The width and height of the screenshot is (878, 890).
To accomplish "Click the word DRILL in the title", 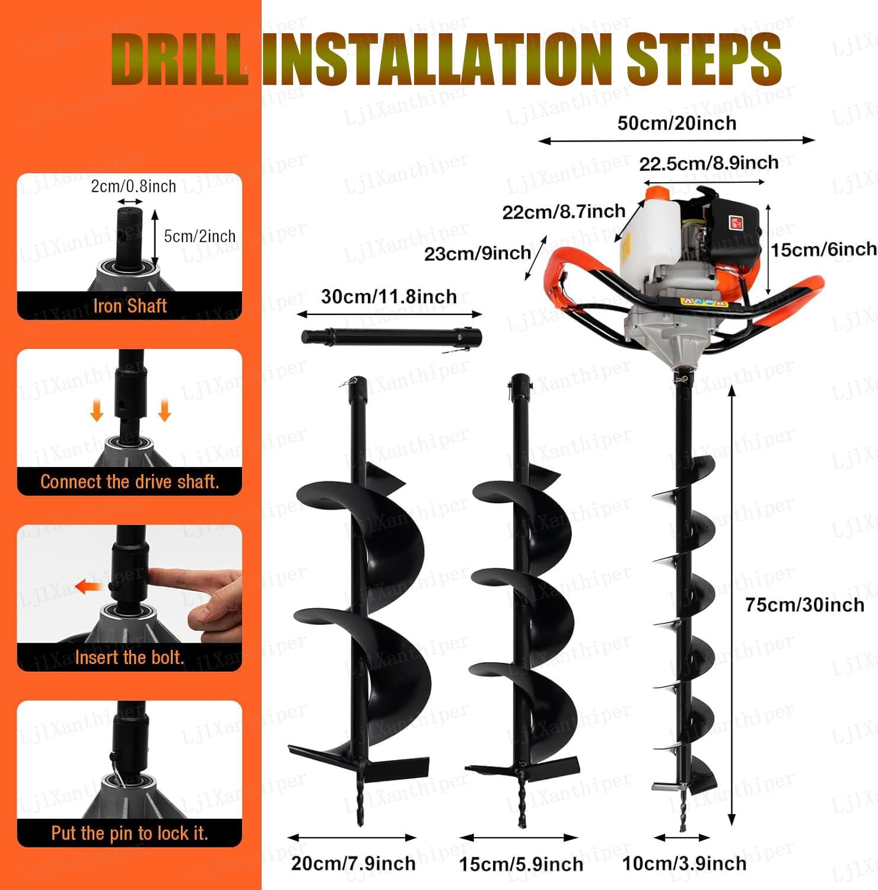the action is pyautogui.click(x=179, y=60).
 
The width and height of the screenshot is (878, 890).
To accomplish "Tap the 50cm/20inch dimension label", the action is pyautogui.click(x=677, y=123).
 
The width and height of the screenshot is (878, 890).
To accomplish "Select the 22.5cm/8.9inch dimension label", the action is pyautogui.click(x=709, y=163).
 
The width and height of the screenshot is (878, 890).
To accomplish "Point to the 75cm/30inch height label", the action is pyautogui.click(x=804, y=605).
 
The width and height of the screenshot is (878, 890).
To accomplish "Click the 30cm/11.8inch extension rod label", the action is pyautogui.click(x=389, y=297).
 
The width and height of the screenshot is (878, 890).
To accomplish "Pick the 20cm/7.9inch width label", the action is pyautogui.click(x=353, y=863).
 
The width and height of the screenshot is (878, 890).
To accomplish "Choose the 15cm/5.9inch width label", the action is pyautogui.click(x=521, y=864).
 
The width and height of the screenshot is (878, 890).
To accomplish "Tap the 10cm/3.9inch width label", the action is pyautogui.click(x=684, y=863).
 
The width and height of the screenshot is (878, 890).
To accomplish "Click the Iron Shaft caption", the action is pyautogui.click(x=130, y=306).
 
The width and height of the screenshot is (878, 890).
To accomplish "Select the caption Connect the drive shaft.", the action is pyautogui.click(x=130, y=482).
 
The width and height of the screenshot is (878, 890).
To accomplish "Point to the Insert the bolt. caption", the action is pyautogui.click(x=129, y=657).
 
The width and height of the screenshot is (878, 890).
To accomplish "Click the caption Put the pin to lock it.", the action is pyautogui.click(x=129, y=834).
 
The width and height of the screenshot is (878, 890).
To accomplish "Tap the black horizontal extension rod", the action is pyautogui.click(x=392, y=337).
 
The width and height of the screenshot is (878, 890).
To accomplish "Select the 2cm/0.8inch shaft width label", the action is pyautogui.click(x=133, y=186).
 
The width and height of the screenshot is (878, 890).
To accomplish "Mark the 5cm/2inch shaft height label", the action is pyautogui.click(x=199, y=236).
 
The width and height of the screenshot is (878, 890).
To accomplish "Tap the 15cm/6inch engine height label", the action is pyautogui.click(x=823, y=249).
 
